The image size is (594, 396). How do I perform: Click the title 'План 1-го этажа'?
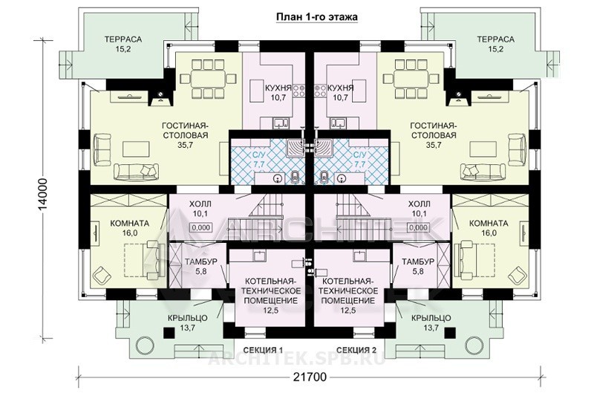pyautogui.click(x=316, y=17)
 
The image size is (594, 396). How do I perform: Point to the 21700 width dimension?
pyautogui.click(x=310, y=377)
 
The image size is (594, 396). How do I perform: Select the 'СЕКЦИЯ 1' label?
pyautogui.click(x=263, y=350)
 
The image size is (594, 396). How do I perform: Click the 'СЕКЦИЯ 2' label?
pyautogui.click(x=356, y=350)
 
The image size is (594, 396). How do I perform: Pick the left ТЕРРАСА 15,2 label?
pyautogui.click(x=123, y=44)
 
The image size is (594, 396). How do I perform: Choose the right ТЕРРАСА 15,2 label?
pyautogui.click(x=495, y=44)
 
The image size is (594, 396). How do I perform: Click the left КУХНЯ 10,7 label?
pyautogui.click(x=278, y=93)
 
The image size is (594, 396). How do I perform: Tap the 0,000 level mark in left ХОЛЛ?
pyautogui.click(x=200, y=228)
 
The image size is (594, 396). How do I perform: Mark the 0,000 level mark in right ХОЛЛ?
pyautogui.click(x=418, y=228)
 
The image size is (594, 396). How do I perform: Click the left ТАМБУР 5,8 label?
pyautogui.click(x=200, y=267)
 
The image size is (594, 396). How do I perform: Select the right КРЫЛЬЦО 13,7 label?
pyautogui.click(x=431, y=322)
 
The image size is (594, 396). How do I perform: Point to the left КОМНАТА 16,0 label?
pyautogui.click(x=129, y=228)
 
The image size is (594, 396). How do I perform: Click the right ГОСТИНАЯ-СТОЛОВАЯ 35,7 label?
pyautogui.click(x=434, y=135)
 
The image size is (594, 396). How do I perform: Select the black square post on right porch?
pyautogui.click(x=449, y=333)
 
